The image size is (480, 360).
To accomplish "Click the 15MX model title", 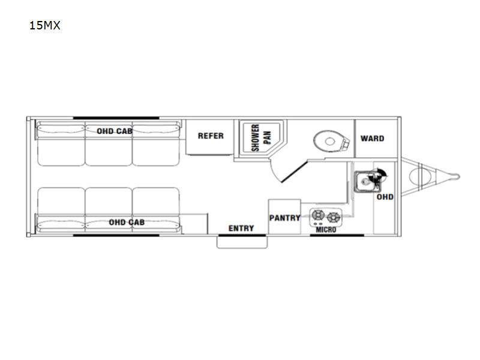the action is pyautogui.click(x=44, y=25).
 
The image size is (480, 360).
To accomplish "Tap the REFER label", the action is pyautogui.click(x=211, y=136).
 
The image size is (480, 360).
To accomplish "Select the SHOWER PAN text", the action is pyautogui.click(x=261, y=138).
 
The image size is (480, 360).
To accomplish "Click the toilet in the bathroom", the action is pyautogui.click(x=331, y=141).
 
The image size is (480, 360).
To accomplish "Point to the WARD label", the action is pyautogui.click(x=372, y=139).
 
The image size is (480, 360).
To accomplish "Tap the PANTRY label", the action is pyautogui.click(x=284, y=218).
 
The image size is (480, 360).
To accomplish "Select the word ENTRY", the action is pyautogui.click(x=241, y=229).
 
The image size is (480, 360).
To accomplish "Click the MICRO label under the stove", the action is pyautogui.click(x=326, y=230).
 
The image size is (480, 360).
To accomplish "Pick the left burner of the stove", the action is pyautogui.click(x=318, y=215).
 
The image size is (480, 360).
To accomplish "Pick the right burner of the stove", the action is pyautogui.click(x=334, y=217).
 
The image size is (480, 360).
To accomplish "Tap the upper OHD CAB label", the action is pyautogui.click(x=115, y=131).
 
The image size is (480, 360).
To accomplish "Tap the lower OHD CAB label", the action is pyautogui.click(x=127, y=222).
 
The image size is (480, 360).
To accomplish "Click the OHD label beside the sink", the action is pyautogui.click(x=385, y=197).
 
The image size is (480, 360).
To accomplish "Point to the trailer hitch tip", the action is pyautogui.click(x=458, y=176).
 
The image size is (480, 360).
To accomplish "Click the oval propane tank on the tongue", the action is pyautogui.click(x=421, y=176).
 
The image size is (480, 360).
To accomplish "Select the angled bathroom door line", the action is pyautogui.click(x=294, y=172).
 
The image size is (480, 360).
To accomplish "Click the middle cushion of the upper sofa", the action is pyautogui.click(x=109, y=143).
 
